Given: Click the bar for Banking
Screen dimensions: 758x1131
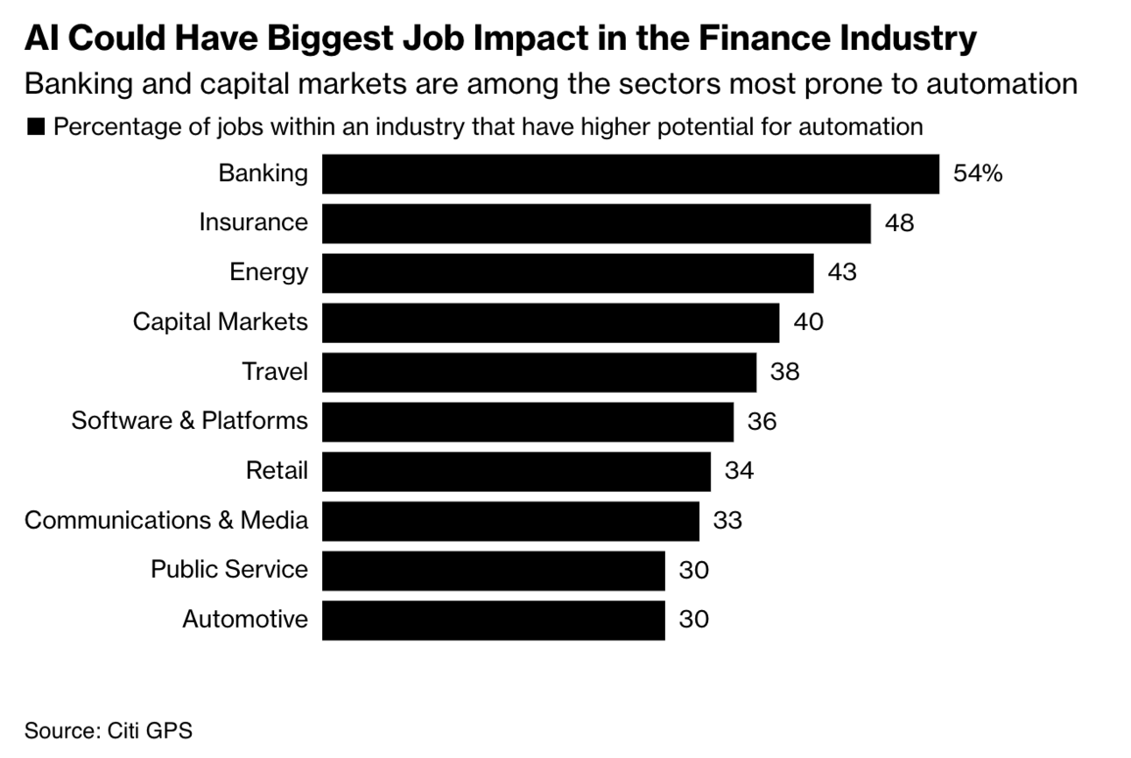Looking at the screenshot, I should (x=630, y=174).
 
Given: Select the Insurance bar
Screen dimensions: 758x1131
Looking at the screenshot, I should (x=596, y=223).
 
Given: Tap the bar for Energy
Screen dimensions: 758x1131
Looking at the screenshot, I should (x=567, y=272).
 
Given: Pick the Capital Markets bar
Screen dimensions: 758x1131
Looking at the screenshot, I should (x=550, y=322).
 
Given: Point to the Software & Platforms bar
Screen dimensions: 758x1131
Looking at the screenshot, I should (x=527, y=422).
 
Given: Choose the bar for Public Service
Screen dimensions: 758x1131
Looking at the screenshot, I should (x=493, y=570).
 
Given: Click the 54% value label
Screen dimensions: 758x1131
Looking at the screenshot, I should (x=977, y=174).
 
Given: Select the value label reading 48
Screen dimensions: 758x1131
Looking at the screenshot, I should (x=899, y=223).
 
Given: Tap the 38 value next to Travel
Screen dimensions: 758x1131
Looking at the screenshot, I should (x=784, y=372).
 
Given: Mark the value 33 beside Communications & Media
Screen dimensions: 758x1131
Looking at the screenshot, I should (x=727, y=521).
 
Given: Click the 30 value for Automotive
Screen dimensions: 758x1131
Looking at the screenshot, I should (x=693, y=620).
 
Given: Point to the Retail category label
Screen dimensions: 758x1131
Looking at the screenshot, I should (x=277, y=471).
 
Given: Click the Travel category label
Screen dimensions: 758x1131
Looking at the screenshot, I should (x=275, y=372).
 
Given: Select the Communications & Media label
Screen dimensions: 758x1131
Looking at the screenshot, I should (x=166, y=521).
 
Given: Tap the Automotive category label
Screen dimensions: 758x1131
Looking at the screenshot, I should (x=245, y=620).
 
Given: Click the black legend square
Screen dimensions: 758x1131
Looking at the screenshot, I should (x=36, y=128).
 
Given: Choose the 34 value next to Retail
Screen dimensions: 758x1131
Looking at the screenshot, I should (x=739, y=471).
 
